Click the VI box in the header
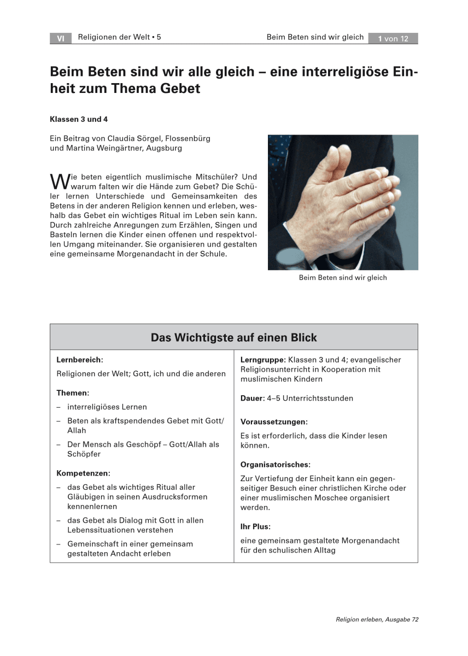[60, 38]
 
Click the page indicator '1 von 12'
[393, 38]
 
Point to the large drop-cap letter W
[57, 180]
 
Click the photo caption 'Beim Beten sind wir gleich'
[343, 278]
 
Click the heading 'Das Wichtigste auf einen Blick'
[233, 337]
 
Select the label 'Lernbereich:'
[80, 360]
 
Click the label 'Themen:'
[73, 393]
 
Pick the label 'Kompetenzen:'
[83, 473]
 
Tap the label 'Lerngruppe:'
[263, 360]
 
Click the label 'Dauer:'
[253, 399]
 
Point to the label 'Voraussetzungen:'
[274, 422]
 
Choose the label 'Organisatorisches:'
[276, 465]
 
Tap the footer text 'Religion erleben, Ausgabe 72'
[377, 619]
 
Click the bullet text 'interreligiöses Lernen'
[107, 407]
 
